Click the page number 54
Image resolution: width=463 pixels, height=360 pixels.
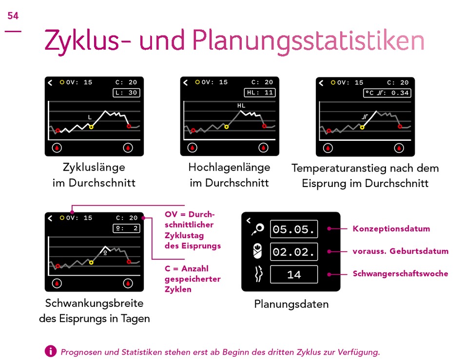13,16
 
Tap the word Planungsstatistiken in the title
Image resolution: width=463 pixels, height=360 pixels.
309,41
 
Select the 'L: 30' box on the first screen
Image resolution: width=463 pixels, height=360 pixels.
126,93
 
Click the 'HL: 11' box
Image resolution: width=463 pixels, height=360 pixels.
260,93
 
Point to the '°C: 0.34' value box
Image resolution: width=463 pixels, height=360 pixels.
387,93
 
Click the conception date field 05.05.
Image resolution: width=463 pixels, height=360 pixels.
294,229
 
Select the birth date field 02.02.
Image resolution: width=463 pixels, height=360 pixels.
294,252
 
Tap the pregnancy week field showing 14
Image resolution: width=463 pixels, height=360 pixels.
294,274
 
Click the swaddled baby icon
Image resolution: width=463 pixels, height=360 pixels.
257,251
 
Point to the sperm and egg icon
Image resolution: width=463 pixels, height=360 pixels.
258,229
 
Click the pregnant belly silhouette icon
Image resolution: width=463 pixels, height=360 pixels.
258,274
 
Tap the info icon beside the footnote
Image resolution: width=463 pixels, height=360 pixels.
51,351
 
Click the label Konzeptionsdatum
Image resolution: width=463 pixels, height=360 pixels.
391,228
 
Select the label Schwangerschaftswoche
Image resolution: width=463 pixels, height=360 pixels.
401,274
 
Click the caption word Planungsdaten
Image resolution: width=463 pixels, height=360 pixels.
291,304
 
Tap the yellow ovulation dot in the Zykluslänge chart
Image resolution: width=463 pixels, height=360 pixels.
91,127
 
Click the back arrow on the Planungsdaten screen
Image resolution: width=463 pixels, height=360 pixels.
249,220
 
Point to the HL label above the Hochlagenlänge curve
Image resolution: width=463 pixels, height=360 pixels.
241,105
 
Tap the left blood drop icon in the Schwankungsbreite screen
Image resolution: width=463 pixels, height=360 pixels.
57,284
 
